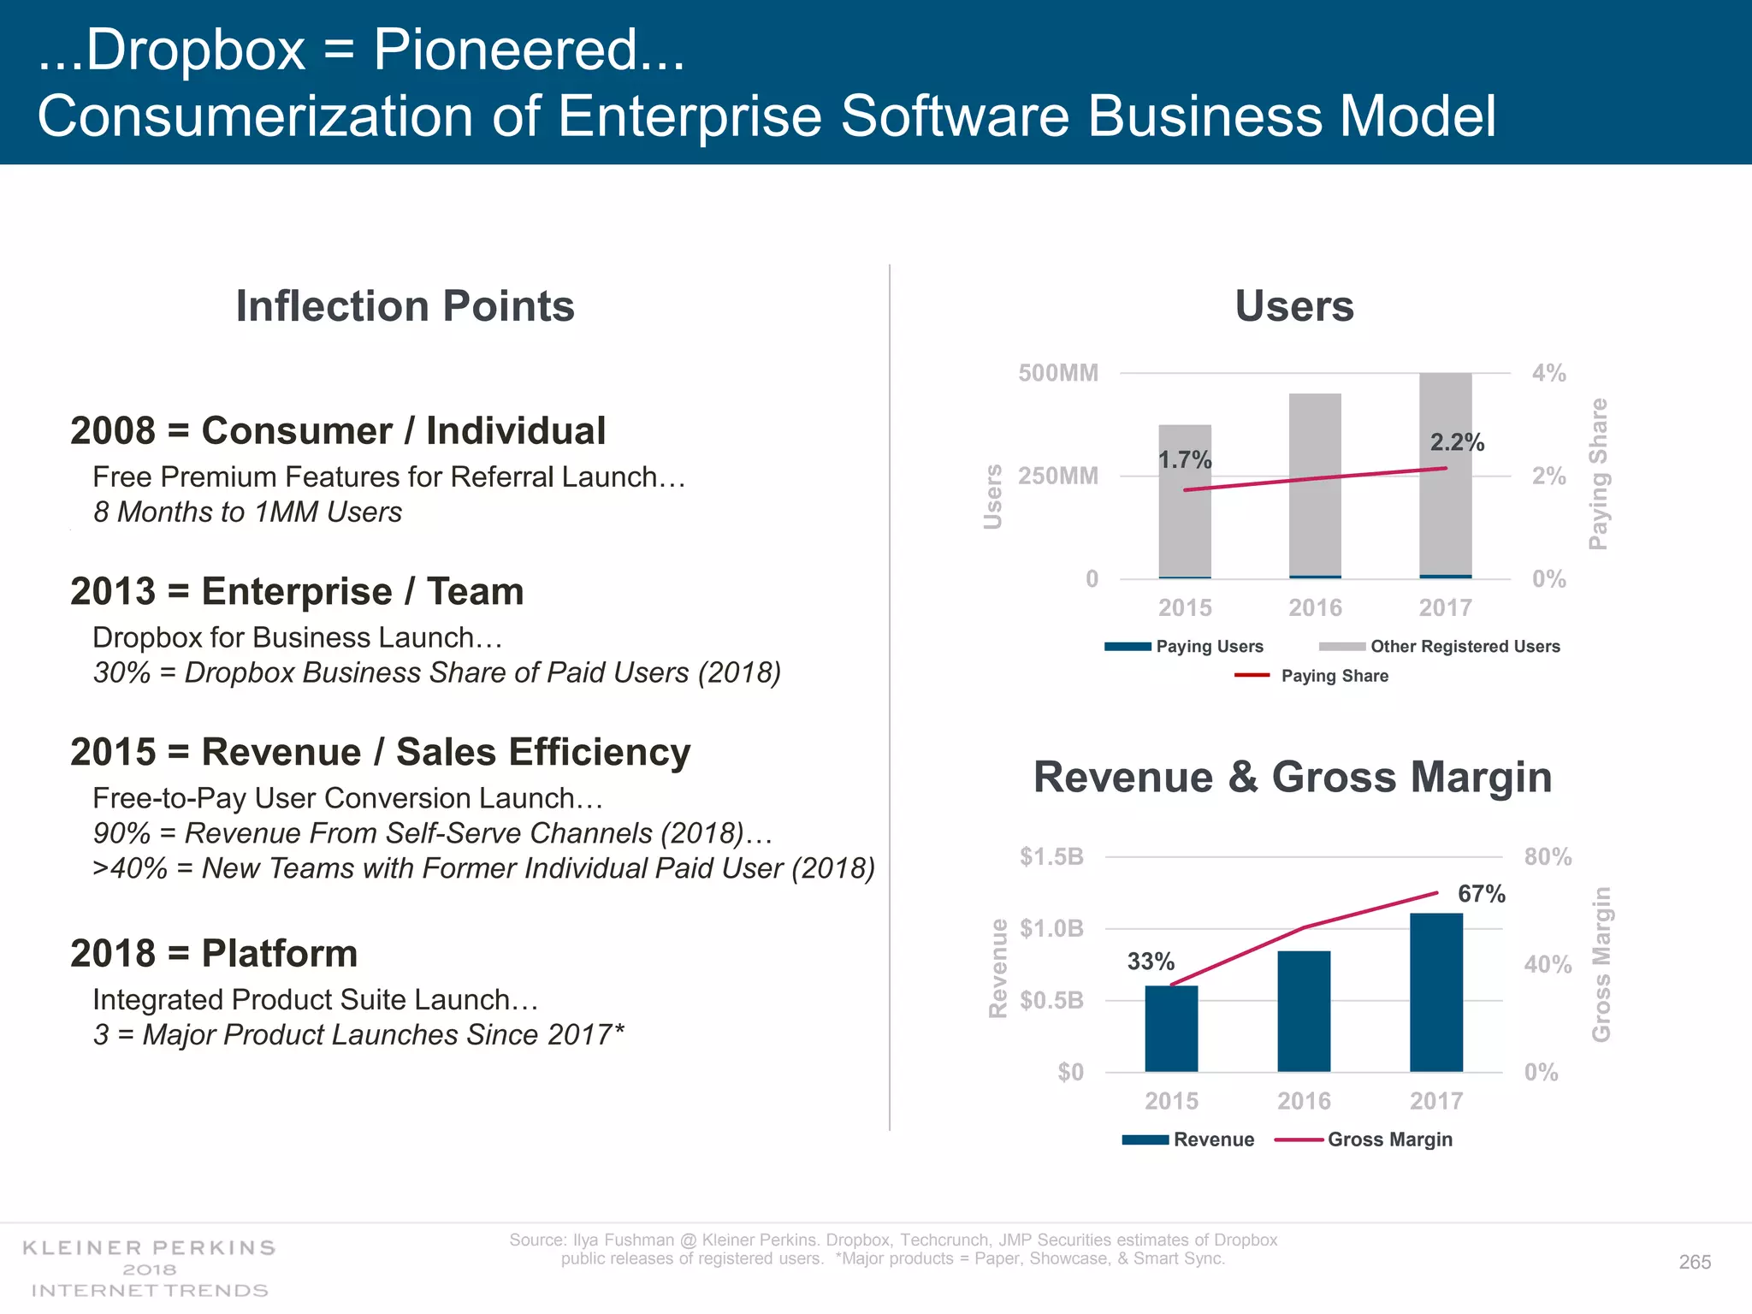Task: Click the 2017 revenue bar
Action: click(x=1435, y=992)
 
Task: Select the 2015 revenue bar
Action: click(x=1171, y=1028)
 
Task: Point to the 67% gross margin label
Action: click(x=1481, y=894)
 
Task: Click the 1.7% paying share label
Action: click(x=1185, y=460)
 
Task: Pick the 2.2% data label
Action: click(x=1457, y=442)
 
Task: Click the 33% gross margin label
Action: click(x=1151, y=962)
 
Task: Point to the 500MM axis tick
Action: click(x=1057, y=373)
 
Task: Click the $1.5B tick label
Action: click(x=1051, y=856)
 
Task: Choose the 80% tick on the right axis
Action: click(x=1548, y=856)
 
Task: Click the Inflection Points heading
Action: click(x=405, y=306)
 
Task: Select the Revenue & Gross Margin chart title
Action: click(x=1292, y=777)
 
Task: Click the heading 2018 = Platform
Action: click(x=214, y=953)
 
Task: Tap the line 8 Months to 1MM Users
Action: click(x=247, y=512)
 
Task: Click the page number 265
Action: click(x=1695, y=1262)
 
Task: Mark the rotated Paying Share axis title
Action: click(x=1597, y=474)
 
